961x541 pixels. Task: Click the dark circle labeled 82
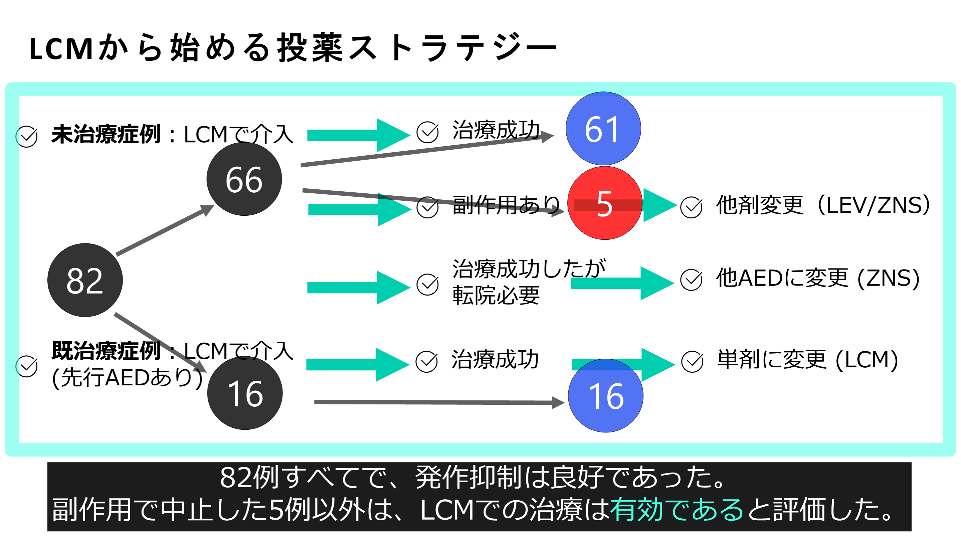(x=85, y=280)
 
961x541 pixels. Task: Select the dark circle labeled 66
(x=244, y=179)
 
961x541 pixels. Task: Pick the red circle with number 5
(x=604, y=203)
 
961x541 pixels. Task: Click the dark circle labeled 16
(x=245, y=393)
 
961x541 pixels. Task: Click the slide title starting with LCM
(x=293, y=48)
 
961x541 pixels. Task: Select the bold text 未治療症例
(x=106, y=134)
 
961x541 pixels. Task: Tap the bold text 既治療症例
(x=106, y=351)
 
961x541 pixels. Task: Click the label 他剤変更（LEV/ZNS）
(x=823, y=205)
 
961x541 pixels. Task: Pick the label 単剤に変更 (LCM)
(x=807, y=360)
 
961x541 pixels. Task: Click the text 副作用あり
(x=506, y=205)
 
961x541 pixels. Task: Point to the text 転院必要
(x=496, y=296)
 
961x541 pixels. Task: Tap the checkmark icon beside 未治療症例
(x=26, y=137)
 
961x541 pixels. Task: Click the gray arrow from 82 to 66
(x=164, y=230)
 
